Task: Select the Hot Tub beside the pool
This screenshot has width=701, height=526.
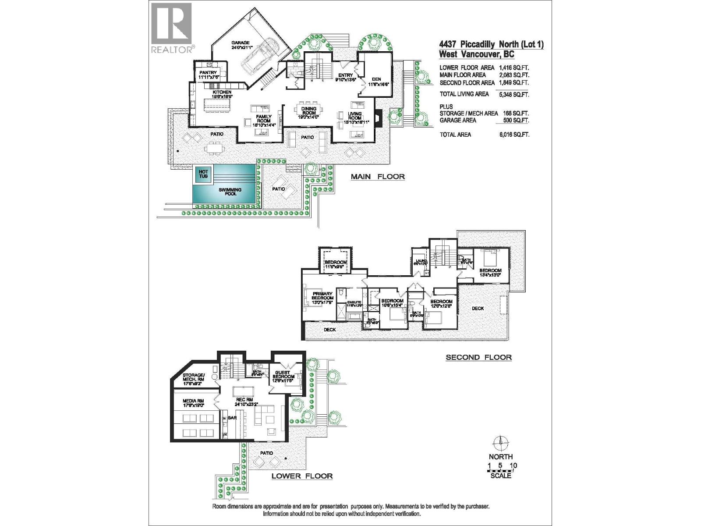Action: (x=203, y=174)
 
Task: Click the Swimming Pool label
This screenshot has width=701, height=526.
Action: (x=230, y=192)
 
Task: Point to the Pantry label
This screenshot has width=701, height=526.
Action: (x=208, y=75)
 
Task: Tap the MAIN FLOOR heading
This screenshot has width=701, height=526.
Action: (x=377, y=177)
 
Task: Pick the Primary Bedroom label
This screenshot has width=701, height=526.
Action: (x=322, y=296)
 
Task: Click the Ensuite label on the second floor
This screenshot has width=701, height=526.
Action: (x=354, y=302)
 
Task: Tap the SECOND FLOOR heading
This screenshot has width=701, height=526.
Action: (x=478, y=357)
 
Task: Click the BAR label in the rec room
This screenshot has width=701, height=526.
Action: (x=232, y=419)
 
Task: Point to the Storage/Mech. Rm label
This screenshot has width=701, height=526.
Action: (x=194, y=378)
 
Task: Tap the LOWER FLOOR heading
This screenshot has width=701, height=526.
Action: (x=302, y=476)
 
